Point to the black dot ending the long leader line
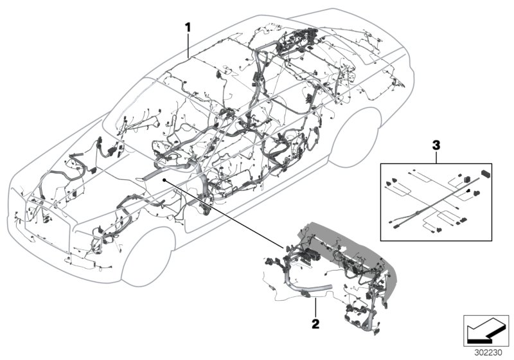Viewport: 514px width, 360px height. pos(164,181)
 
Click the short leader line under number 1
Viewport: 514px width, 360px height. pos(188,46)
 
